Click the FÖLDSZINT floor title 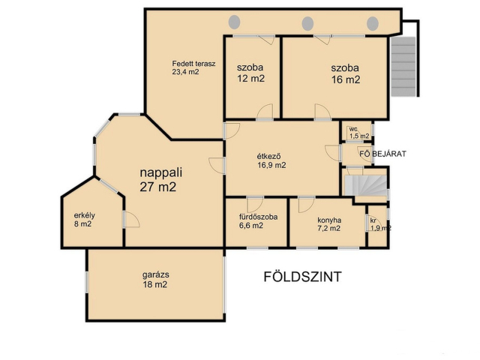302,277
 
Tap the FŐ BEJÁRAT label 382,154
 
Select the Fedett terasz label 193,64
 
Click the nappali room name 161,172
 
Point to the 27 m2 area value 158,187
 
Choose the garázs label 155,275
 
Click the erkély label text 85,215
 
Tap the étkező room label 268,157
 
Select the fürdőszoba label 258,217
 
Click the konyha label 329,220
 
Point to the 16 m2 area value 346,79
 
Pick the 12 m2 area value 250,79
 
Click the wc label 353,129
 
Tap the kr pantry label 373,220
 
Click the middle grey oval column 307,23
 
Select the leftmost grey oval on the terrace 235,22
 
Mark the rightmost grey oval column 373,23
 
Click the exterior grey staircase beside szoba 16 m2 403,66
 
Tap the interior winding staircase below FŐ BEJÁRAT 365,185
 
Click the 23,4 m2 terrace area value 185,72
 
